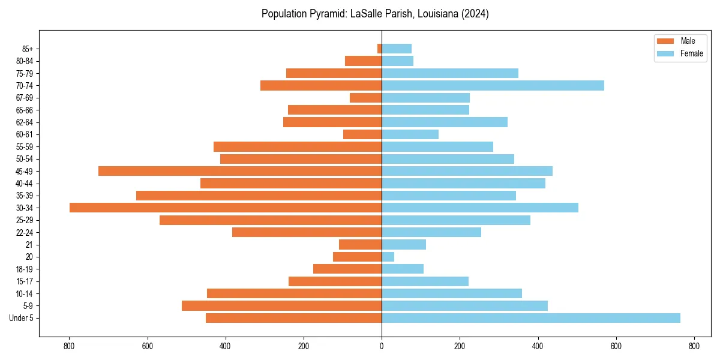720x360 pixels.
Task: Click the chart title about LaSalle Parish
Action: [x=375, y=14]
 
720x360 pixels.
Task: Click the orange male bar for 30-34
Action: [x=226, y=208]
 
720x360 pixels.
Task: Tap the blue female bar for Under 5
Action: [x=531, y=318]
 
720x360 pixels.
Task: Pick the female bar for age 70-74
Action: [x=493, y=86]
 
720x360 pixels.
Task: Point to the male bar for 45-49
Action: [x=240, y=171]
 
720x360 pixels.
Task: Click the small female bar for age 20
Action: [x=388, y=257]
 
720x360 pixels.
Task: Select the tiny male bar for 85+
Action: [x=379, y=49]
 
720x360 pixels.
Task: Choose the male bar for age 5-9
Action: [x=281, y=306]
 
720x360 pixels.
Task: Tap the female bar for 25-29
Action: [x=456, y=220]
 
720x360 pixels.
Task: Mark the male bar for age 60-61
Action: [x=362, y=134]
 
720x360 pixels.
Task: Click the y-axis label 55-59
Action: [x=25, y=147]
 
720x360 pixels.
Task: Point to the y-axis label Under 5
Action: [x=22, y=318]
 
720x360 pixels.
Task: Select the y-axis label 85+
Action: [x=28, y=49]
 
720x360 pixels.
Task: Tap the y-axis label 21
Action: [x=30, y=245]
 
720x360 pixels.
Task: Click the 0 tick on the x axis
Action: [x=382, y=346]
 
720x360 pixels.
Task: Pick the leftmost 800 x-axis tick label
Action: [x=69, y=346]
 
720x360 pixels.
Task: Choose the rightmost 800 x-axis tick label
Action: [x=694, y=346]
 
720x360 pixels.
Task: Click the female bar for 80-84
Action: [x=397, y=61]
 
